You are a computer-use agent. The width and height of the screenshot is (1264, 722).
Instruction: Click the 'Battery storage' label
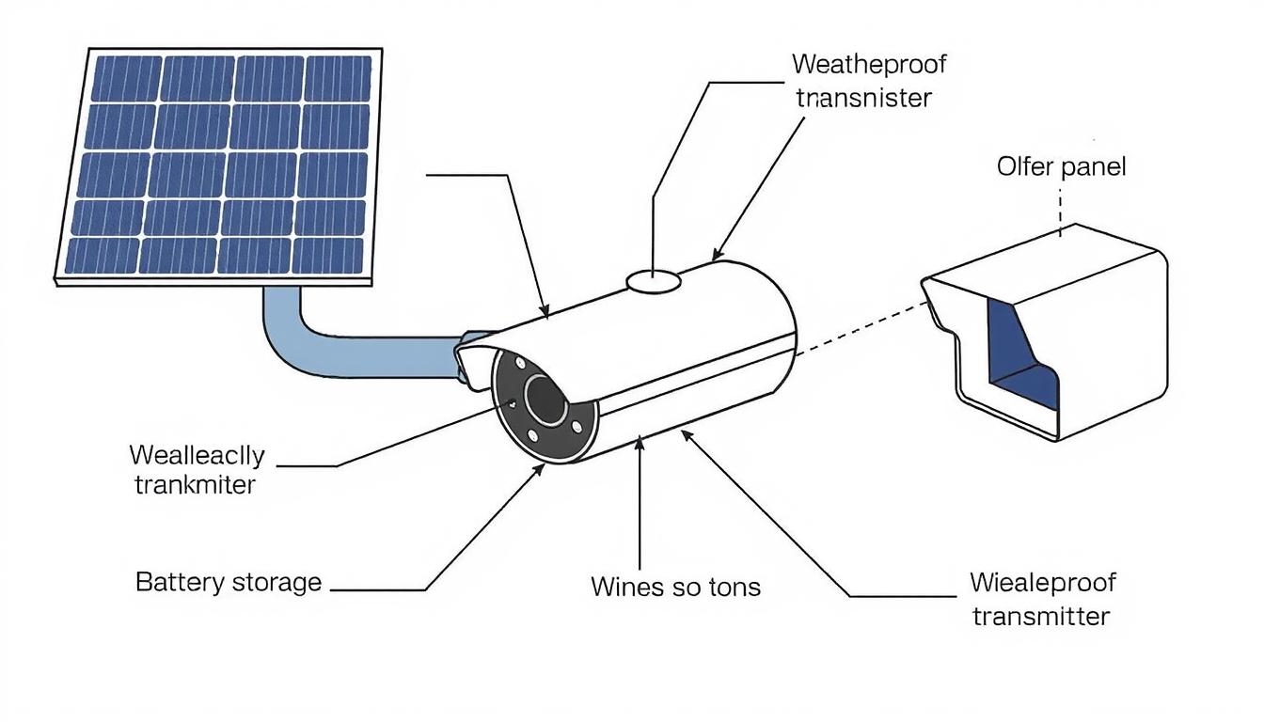tap(229, 582)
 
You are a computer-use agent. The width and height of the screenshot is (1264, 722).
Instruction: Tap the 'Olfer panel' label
tap(1061, 167)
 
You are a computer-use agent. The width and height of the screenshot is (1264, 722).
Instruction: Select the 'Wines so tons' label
tap(675, 588)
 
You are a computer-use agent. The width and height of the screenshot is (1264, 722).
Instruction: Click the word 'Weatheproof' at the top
tap(869, 64)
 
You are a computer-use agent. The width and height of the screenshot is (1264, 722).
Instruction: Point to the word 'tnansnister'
tap(863, 98)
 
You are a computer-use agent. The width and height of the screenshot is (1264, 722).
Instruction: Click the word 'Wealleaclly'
tap(197, 455)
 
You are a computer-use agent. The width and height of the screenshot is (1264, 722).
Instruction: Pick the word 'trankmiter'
tap(195, 485)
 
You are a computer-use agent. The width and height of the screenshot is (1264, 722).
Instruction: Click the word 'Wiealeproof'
tap(1042, 583)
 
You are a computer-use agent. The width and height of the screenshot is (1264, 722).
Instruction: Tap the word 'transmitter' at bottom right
tap(1041, 617)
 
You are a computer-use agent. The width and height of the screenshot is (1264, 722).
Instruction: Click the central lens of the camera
tap(545, 400)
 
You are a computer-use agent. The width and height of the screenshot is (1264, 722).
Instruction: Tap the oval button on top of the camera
tap(654, 279)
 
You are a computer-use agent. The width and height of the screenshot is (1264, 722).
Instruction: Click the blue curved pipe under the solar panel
tap(310, 348)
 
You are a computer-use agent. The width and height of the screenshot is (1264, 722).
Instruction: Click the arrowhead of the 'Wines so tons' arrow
tap(640, 441)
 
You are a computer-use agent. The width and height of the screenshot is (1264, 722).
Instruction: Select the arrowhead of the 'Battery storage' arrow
tap(540, 466)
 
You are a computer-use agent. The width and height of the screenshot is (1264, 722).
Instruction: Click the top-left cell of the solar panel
tap(125, 79)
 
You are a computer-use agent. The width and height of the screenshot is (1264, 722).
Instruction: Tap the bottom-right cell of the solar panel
tap(327, 254)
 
